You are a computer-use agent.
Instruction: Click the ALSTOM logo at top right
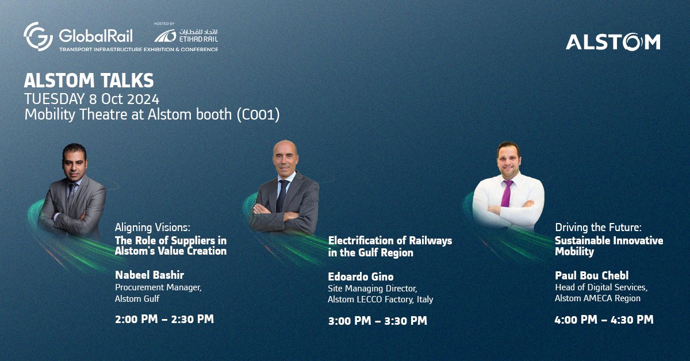click(x=612, y=42)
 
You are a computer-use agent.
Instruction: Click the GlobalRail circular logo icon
click(x=39, y=36)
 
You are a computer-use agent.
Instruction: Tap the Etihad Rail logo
click(x=186, y=36)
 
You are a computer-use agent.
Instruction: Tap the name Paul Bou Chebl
click(x=587, y=275)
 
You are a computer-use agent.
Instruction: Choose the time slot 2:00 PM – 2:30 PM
click(x=164, y=318)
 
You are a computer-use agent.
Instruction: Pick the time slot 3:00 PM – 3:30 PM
click(x=378, y=321)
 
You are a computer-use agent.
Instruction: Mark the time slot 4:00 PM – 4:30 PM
click(x=604, y=320)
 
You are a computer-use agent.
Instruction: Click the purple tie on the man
click(x=506, y=192)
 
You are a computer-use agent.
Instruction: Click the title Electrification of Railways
click(x=390, y=240)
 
